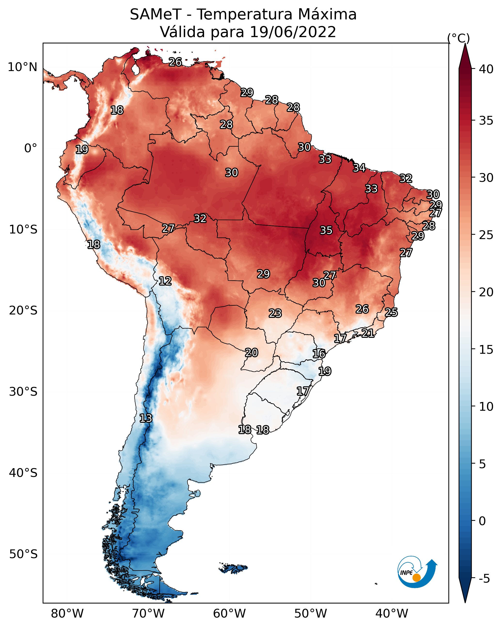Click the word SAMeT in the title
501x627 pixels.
[x=156, y=15]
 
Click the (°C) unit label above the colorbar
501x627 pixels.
[x=459, y=38]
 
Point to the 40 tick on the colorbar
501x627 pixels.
[x=486, y=69]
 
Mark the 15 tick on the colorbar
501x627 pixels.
[x=486, y=350]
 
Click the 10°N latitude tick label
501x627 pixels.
[x=22, y=67]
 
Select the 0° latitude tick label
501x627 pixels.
[x=31, y=148]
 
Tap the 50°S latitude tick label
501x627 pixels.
[x=23, y=554]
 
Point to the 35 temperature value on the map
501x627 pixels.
[x=326, y=230]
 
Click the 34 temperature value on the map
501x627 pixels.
[x=359, y=168]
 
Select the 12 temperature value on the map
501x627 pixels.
[x=165, y=281]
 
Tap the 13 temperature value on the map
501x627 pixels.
[x=146, y=418]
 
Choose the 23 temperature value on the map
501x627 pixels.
[x=275, y=313]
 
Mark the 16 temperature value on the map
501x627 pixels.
[x=319, y=354]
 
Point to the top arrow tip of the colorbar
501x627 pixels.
[x=465, y=44]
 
